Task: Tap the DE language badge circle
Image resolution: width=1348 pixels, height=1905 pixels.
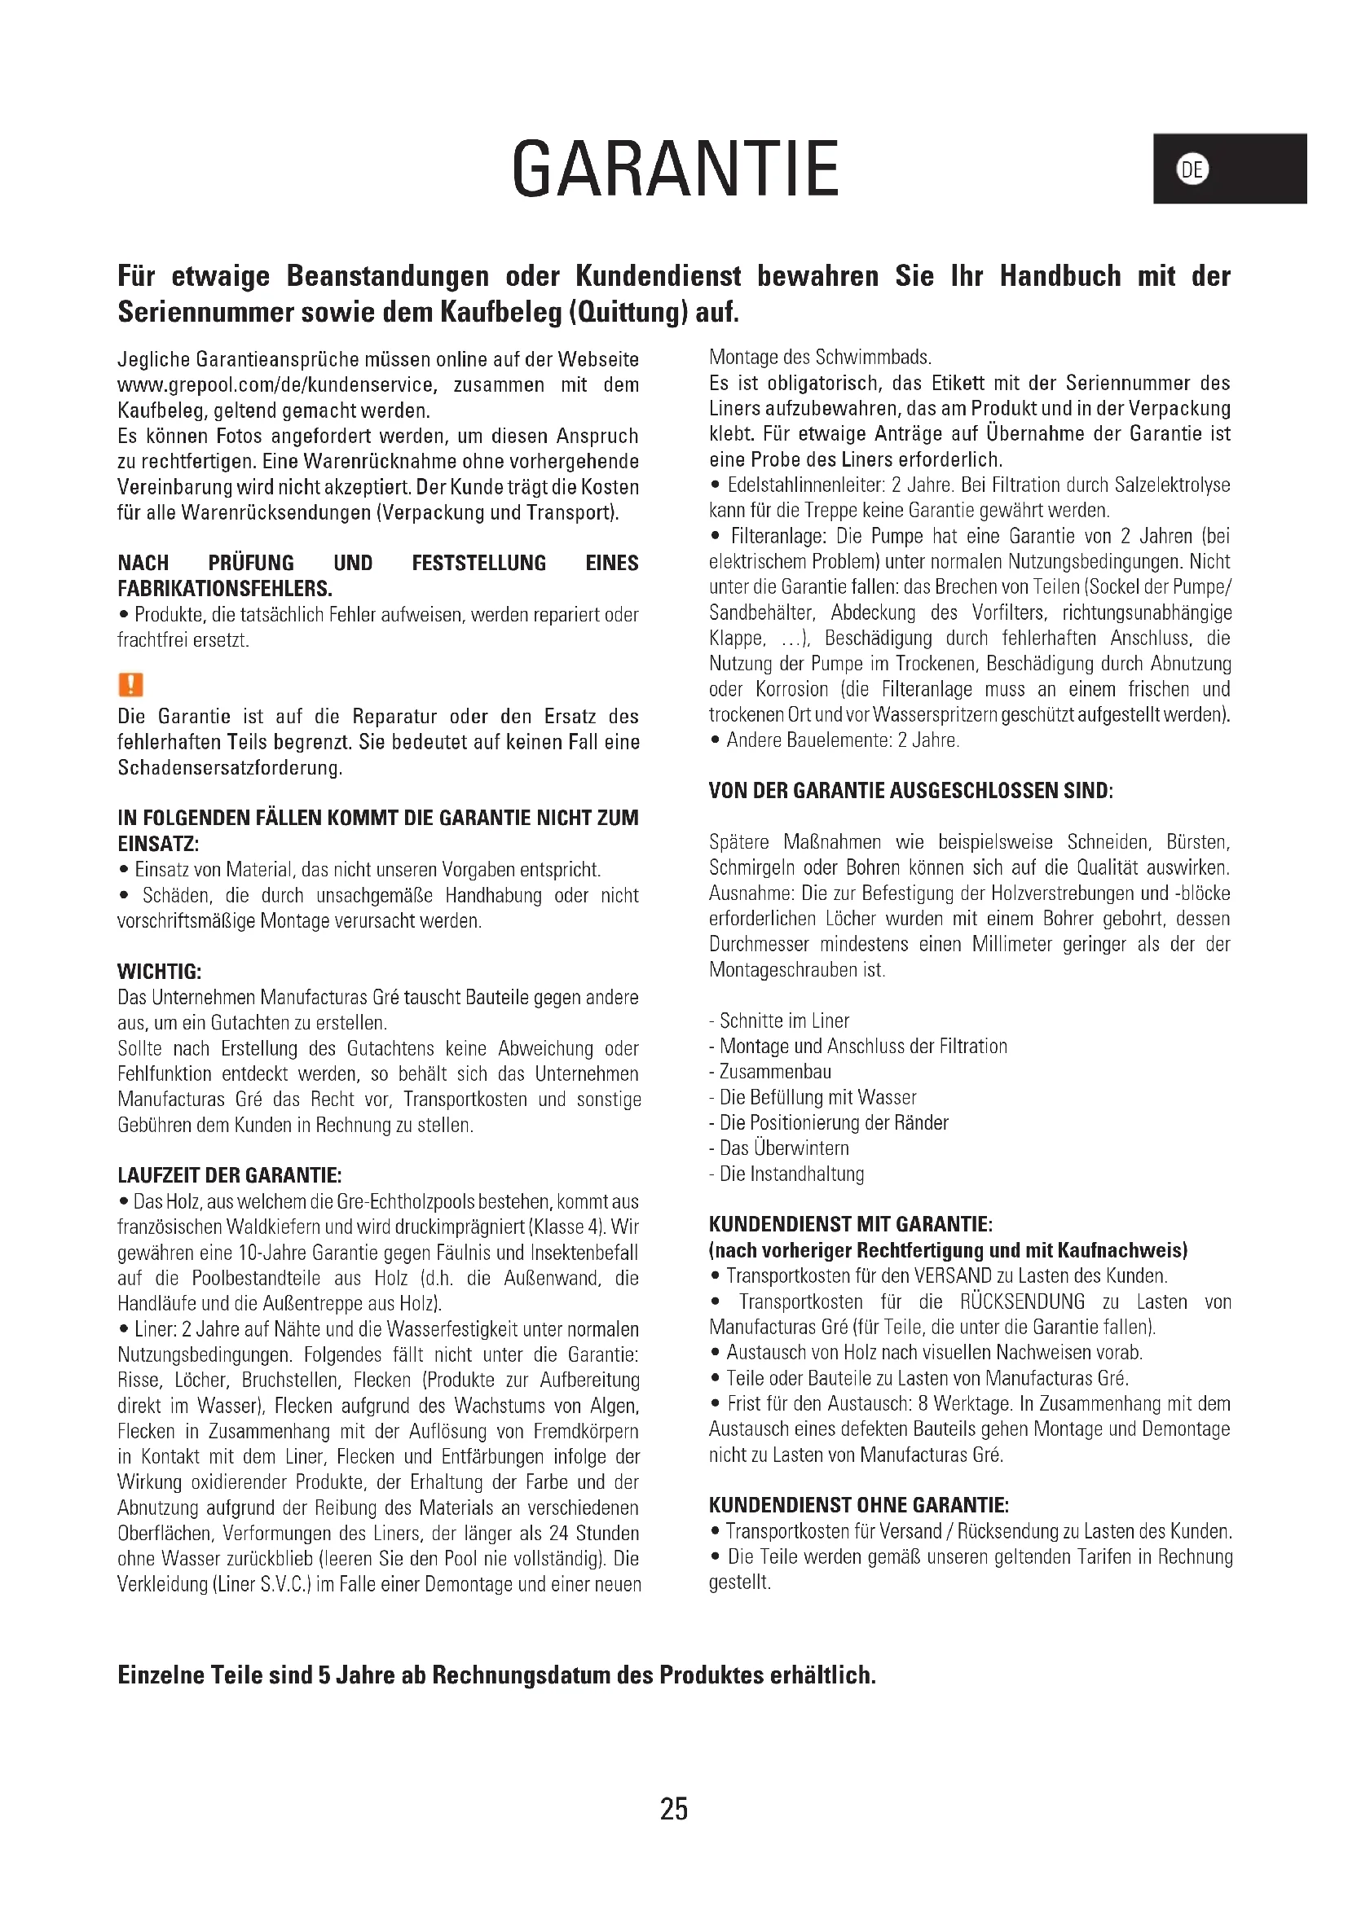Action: click(x=1192, y=169)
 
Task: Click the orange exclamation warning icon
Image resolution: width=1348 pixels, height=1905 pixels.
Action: click(x=130, y=684)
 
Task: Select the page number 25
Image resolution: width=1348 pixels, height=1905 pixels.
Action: click(x=673, y=1808)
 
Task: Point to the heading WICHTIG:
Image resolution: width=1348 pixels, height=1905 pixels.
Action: click(x=160, y=972)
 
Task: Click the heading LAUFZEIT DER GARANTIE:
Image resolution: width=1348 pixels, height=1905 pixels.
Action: click(x=230, y=1175)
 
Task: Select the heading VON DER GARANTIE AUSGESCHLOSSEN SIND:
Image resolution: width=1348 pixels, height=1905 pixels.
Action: click(x=910, y=791)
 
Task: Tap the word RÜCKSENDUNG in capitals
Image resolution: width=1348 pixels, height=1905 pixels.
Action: click(x=1022, y=1301)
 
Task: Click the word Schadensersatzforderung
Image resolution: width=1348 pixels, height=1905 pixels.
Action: click(x=230, y=767)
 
